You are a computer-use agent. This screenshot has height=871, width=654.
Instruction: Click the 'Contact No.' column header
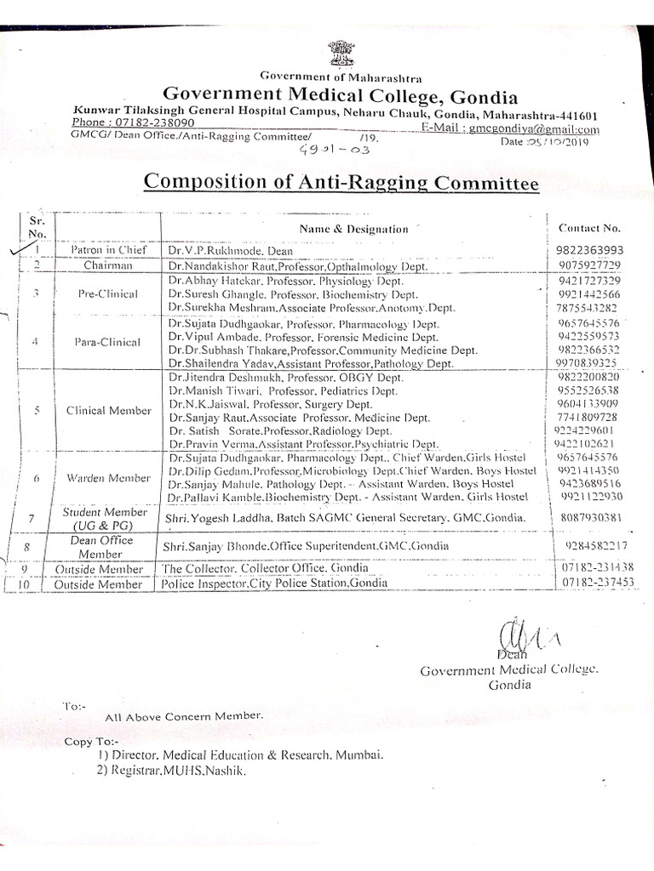point(589,228)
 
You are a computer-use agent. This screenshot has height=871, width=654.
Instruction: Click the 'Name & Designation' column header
point(353,229)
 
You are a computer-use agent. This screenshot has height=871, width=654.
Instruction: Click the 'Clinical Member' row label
point(108,410)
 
